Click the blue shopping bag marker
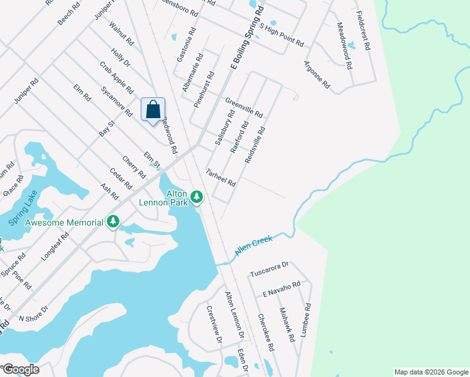153,110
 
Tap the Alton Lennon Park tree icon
197,198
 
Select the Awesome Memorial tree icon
113,221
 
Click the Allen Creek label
253,244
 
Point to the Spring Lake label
24,208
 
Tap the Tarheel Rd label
221,178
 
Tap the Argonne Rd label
316,74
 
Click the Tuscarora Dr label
268,269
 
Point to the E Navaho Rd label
281,289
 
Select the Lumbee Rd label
306,321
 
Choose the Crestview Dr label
215,324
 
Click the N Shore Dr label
34,318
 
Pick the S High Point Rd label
281,37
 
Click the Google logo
20,369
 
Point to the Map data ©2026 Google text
430,372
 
